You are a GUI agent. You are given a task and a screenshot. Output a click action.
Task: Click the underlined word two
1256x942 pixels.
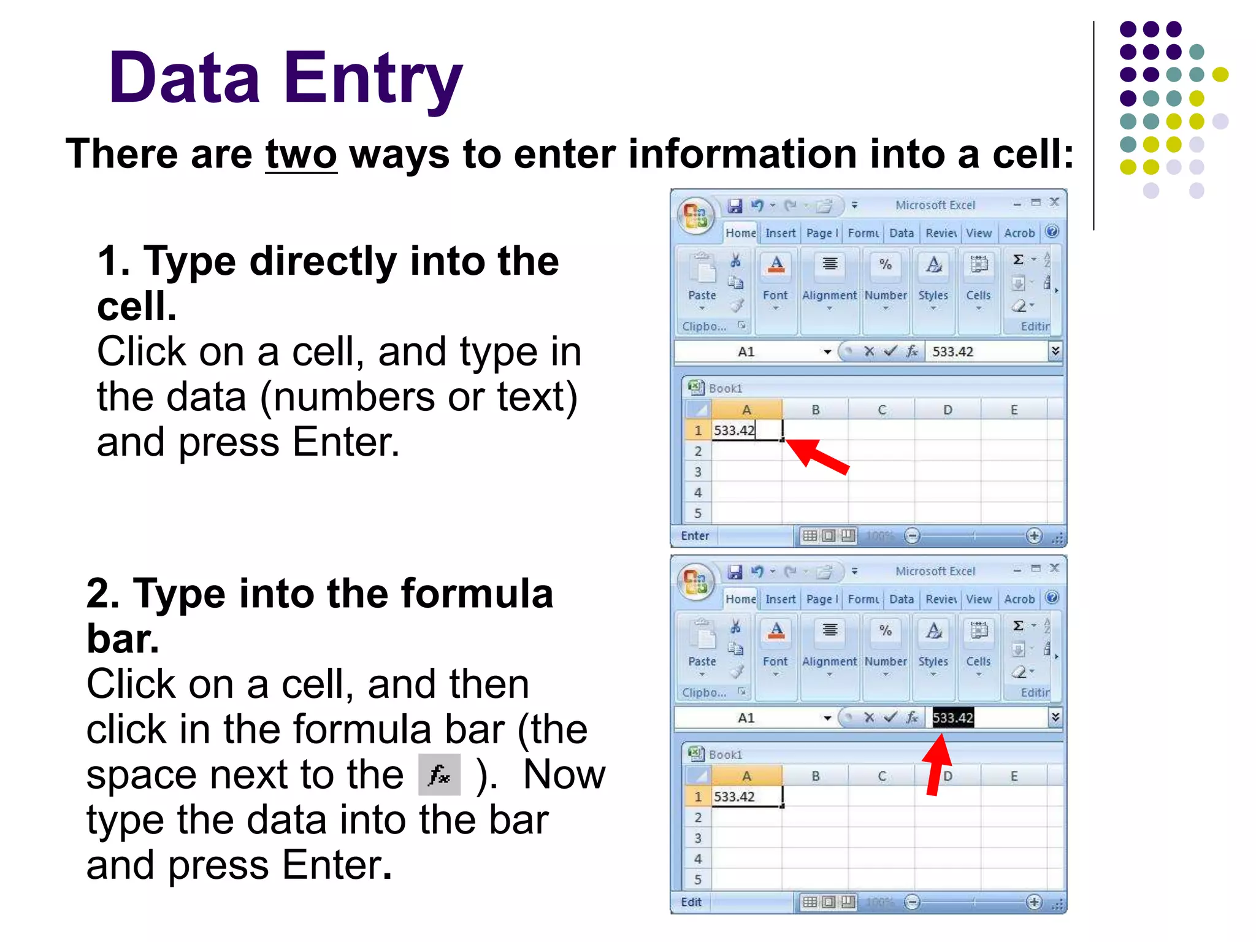click(x=301, y=155)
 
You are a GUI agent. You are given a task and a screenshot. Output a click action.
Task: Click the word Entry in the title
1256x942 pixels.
click(x=372, y=78)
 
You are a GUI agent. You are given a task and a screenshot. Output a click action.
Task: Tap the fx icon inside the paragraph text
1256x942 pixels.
click(x=439, y=775)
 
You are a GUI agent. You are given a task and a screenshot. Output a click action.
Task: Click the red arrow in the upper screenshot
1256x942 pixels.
click(x=817, y=456)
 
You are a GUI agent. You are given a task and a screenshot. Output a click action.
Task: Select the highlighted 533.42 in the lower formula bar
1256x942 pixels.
click(x=952, y=718)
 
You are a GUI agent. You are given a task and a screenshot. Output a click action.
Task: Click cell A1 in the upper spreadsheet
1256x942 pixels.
click(x=746, y=430)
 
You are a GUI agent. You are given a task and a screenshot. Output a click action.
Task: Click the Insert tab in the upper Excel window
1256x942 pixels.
click(x=780, y=233)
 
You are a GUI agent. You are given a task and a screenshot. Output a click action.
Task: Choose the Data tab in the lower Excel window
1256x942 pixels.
click(x=901, y=599)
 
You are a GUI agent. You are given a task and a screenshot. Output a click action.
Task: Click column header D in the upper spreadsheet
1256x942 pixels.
click(x=948, y=410)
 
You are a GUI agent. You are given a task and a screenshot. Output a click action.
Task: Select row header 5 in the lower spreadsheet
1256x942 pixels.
click(x=697, y=879)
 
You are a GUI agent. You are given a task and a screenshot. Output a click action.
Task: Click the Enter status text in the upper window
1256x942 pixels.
click(x=695, y=535)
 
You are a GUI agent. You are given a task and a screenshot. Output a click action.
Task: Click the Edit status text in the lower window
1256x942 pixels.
click(x=691, y=902)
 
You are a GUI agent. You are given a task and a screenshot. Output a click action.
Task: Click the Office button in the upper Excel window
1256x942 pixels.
click(x=695, y=215)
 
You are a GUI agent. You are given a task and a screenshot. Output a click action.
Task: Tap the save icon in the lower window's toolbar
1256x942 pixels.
click(x=735, y=572)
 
